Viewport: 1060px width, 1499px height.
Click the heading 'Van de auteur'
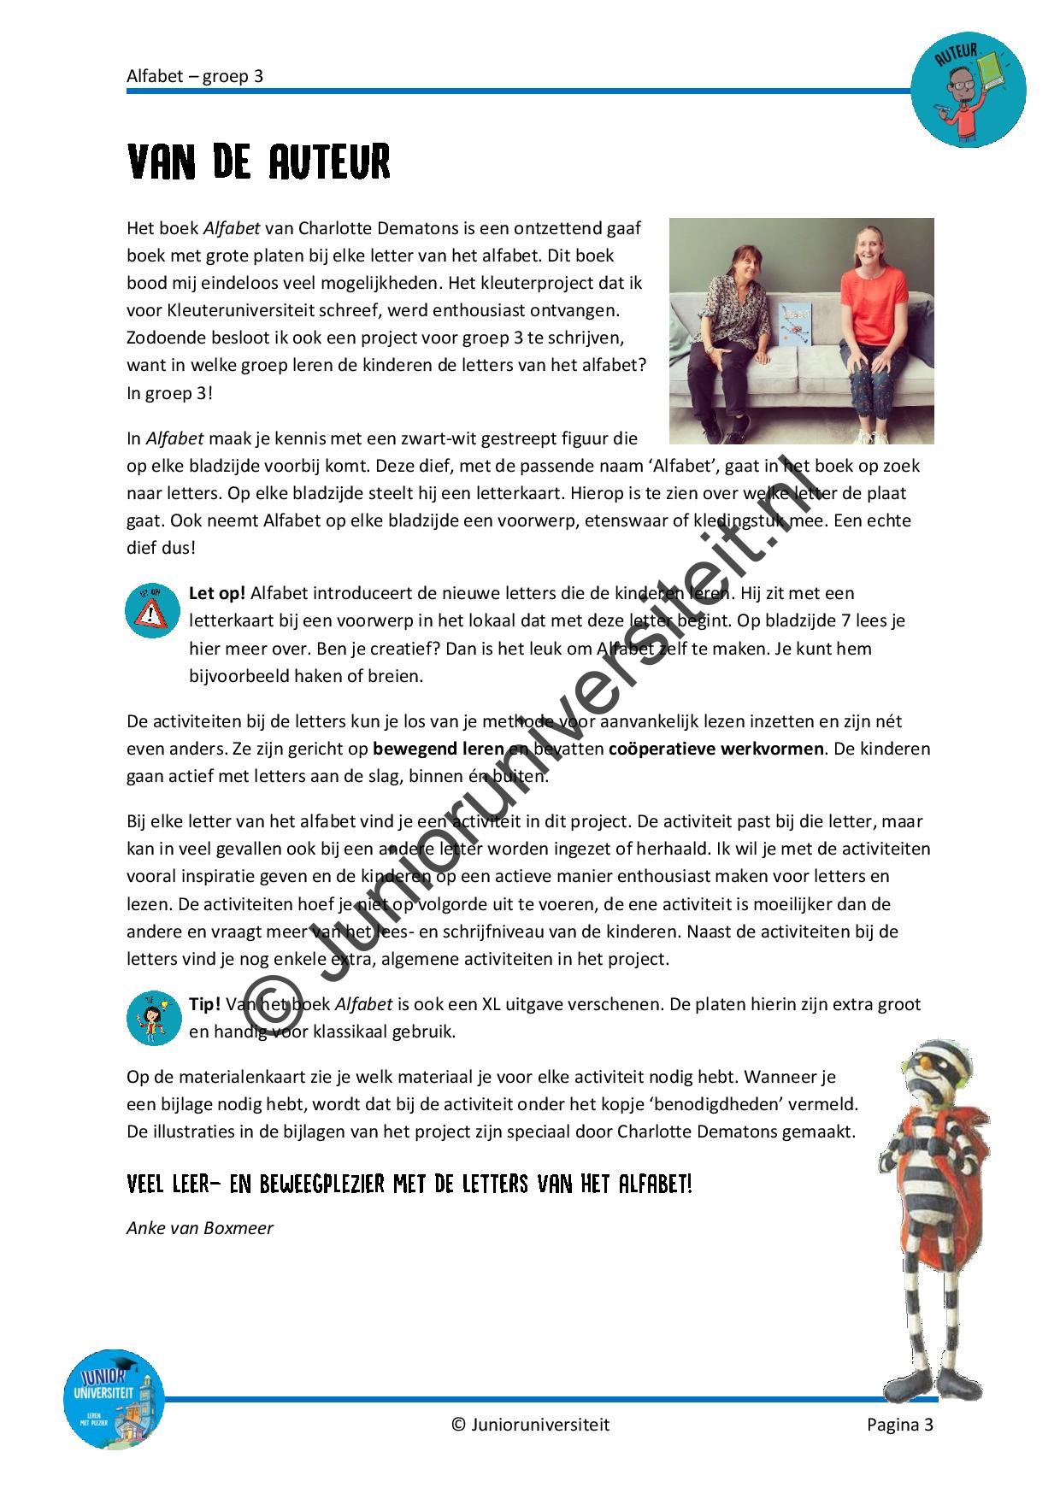[258, 162]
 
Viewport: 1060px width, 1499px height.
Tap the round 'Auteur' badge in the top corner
[968, 91]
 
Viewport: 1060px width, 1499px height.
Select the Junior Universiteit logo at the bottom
[114, 1399]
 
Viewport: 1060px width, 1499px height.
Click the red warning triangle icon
[152, 611]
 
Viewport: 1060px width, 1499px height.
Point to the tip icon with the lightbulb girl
[154, 1018]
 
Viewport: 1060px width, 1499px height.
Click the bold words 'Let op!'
[217, 593]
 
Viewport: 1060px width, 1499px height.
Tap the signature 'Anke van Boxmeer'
[200, 1228]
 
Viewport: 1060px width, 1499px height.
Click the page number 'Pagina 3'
[899, 1424]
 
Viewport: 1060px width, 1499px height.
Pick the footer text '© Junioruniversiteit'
[530, 1424]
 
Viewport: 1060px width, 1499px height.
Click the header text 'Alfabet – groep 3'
[195, 76]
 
